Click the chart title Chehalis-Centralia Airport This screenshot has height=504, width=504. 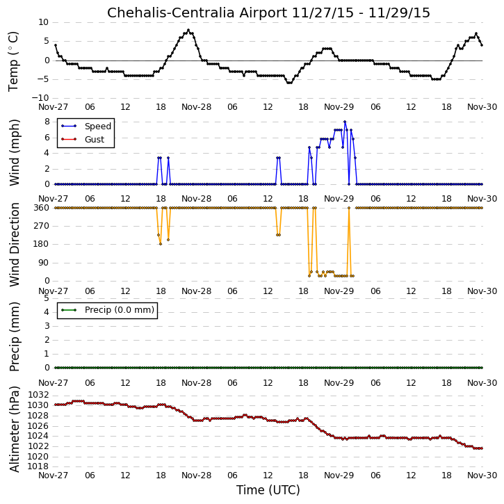pos(197,13)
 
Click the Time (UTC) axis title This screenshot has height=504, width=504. pos(268,490)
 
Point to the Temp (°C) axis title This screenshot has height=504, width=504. pos(13,62)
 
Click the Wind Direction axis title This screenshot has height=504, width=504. pos(14,245)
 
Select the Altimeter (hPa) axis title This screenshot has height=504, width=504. pos(14,430)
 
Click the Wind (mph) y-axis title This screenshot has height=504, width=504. pos(14,153)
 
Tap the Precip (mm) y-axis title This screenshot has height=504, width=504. pos(14,337)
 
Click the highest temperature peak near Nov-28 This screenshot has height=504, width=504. pos(188,30)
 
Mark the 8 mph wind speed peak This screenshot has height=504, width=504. pos(345,122)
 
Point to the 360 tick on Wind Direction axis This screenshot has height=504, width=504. pos(42,208)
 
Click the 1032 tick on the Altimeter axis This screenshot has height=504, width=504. pos(38,395)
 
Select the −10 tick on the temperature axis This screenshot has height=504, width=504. pos(40,98)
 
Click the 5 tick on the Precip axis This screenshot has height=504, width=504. pos(47,298)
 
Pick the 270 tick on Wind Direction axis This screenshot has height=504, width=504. pos(42,226)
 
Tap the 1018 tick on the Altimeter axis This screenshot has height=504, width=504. pos(38,466)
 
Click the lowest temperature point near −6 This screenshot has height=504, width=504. pos(289,83)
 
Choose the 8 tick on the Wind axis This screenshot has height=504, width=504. pos(47,122)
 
